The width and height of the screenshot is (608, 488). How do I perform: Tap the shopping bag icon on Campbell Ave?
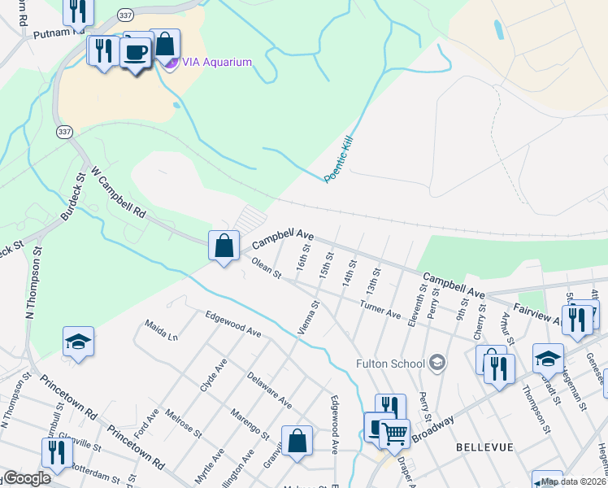click(224, 245)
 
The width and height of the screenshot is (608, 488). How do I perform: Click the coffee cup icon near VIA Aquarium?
click(135, 53)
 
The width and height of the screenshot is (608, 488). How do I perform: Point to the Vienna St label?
click(309, 320)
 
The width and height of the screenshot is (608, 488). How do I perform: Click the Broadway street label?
click(432, 427)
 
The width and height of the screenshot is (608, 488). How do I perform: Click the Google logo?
click(26, 479)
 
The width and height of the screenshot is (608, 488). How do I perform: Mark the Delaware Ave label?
click(269, 390)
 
